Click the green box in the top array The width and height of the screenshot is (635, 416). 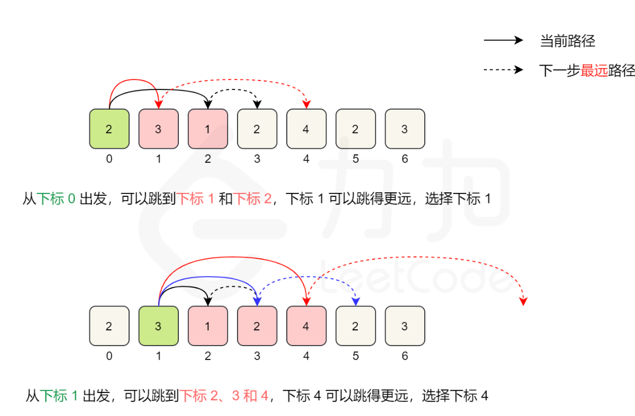pos(109,129)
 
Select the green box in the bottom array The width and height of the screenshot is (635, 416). pos(158,326)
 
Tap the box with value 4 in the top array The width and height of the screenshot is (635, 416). pos(306,129)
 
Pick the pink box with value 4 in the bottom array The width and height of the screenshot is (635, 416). pos(306,326)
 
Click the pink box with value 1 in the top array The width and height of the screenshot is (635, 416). pos(207,129)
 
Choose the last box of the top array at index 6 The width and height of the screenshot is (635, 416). pos(405,129)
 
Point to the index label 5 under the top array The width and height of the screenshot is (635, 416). pos(356,159)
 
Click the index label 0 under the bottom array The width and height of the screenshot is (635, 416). pos(109,356)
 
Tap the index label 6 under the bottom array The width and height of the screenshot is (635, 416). pos(405,356)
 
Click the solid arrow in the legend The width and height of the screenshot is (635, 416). pos(503,41)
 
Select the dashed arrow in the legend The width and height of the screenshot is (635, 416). pos(503,70)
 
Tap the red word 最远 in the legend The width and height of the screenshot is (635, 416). pos(594,70)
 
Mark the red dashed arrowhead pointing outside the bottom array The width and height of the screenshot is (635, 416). pos(523,301)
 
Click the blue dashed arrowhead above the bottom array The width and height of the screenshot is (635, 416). pos(356,301)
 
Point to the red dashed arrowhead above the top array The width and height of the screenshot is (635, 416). pos(306,104)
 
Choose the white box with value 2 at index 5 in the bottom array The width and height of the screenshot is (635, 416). pos(356,326)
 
